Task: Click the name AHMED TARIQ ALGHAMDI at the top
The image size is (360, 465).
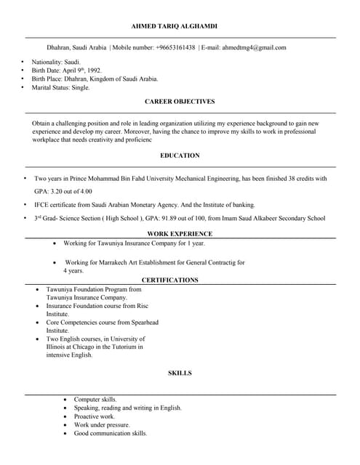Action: click(180, 25)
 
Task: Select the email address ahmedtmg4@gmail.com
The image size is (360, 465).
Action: click(254, 47)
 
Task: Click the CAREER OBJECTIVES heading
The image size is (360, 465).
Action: click(180, 102)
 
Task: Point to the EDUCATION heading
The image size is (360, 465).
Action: click(180, 155)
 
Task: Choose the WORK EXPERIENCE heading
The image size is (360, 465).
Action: click(180, 234)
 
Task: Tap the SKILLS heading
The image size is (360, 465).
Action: click(180, 373)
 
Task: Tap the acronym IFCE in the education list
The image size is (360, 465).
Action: click(42, 205)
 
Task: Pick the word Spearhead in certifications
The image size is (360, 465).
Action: click(142, 322)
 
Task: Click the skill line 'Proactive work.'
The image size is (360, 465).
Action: click(95, 416)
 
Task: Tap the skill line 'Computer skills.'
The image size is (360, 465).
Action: click(95, 400)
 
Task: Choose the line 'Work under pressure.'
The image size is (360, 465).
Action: click(102, 425)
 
